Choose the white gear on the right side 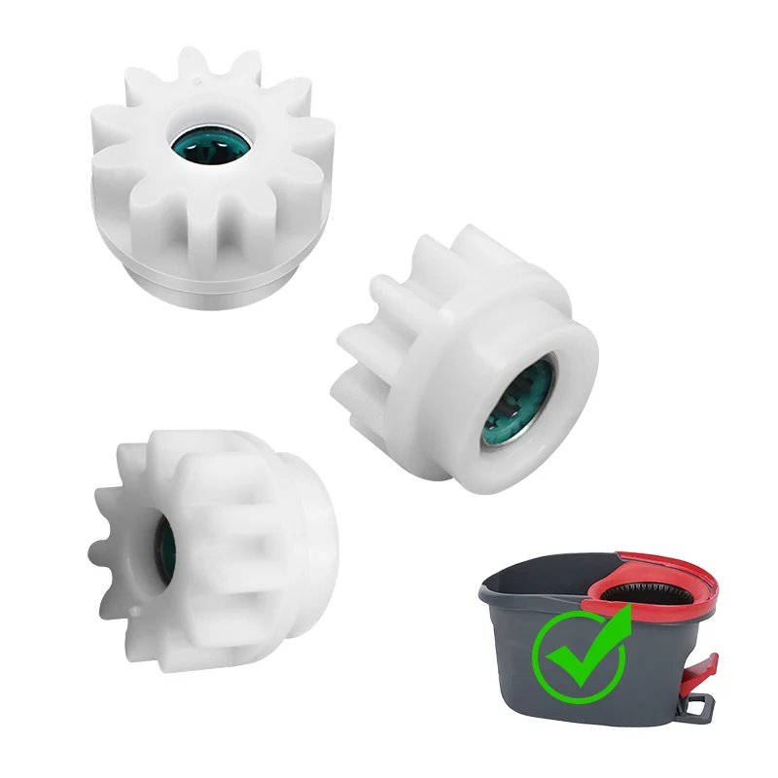coord(467,360)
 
